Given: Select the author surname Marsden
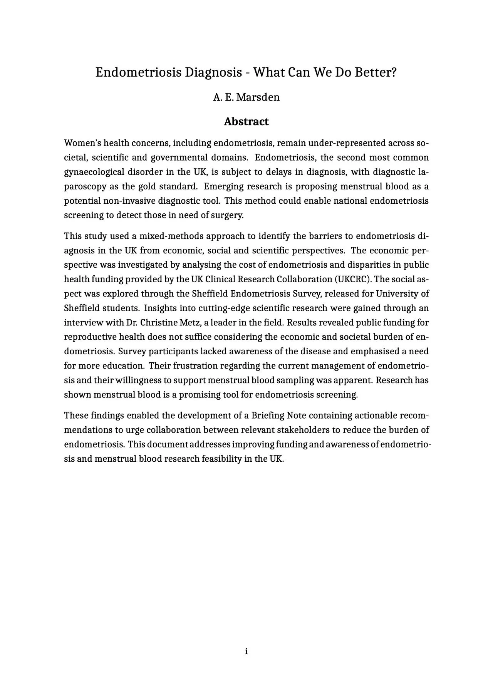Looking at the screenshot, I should point(258,97).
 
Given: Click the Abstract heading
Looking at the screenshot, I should point(246,122).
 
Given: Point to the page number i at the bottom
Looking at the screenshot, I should point(246,651).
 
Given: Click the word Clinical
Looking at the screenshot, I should point(220,279).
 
